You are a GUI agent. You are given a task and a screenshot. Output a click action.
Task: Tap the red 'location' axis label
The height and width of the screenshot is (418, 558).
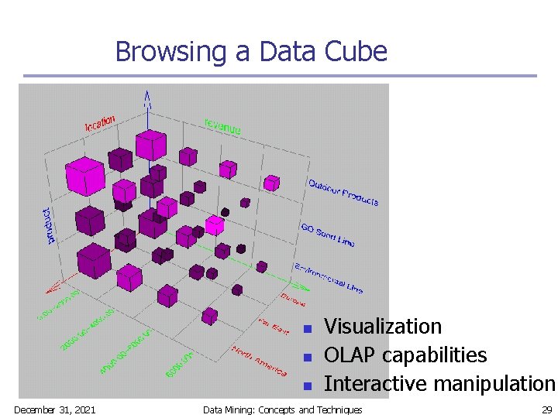pos(100,122)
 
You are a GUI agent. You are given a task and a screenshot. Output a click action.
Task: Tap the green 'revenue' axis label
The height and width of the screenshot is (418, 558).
pos(222,126)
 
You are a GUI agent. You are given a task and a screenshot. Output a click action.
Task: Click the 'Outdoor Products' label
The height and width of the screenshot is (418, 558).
pos(343,192)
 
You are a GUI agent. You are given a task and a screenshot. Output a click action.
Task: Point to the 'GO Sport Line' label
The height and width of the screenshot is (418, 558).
pos(327,234)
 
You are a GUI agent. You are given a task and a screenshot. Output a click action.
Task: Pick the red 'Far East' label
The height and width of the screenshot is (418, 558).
pos(273,327)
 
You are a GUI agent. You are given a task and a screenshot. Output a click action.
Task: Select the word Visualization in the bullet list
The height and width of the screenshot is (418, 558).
pos(382,327)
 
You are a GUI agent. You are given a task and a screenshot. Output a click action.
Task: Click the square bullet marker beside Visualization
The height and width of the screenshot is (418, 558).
pos(307,329)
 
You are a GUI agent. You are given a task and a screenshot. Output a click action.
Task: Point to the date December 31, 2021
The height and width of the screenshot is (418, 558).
pos(54,409)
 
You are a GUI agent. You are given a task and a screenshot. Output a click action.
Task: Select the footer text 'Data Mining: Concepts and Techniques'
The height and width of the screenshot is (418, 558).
pos(282,409)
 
